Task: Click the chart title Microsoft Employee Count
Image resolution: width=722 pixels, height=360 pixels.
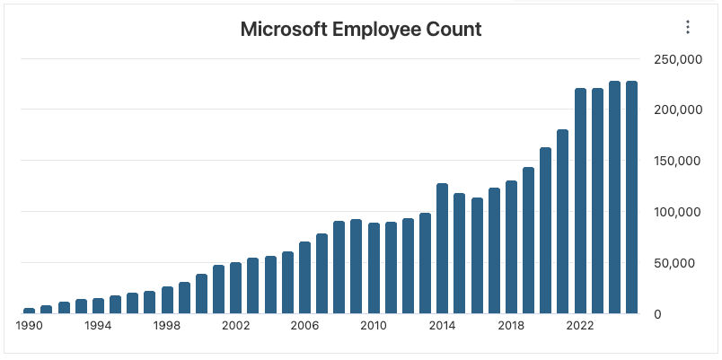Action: tap(361, 29)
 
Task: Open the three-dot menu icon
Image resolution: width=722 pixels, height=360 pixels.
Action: tap(688, 27)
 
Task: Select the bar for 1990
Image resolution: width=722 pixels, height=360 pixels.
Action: tap(30, 311)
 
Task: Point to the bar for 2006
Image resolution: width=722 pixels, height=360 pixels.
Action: tap(304, 277)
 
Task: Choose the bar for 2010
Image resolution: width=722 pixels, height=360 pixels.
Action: tap(374, 268)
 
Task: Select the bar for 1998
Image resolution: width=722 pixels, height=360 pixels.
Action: tap(167, 300)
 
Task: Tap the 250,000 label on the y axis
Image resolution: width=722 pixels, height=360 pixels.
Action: tap(677, 59)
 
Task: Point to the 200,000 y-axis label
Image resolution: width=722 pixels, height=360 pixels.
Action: tap(677, 110)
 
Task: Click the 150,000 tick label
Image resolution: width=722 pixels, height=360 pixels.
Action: tap(677, 161)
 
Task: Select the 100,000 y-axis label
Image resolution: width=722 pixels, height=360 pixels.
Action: tap(677, 212)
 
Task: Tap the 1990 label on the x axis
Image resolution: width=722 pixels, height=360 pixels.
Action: tap(30, 326)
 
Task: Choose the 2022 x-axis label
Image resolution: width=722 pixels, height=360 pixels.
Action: tap(580, 326)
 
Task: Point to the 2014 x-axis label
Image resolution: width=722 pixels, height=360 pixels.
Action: tap(442, 326)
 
